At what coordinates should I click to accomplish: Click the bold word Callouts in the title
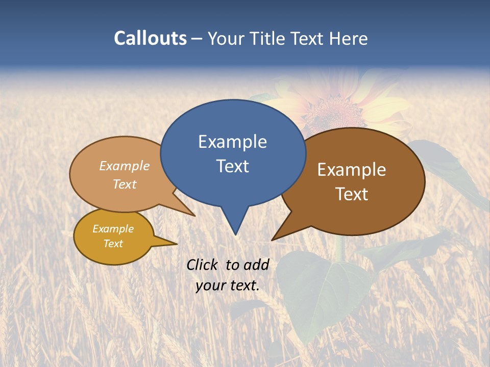click(151, 38)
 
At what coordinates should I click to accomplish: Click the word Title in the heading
click(268, 38)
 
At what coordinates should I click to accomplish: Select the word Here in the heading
click(349, 38)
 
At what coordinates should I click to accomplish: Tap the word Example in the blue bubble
click(232, 142)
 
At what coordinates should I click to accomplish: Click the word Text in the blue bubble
click(232, 166)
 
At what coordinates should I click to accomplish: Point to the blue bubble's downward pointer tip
click(235, 234)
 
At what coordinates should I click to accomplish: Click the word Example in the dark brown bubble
click(352, 170)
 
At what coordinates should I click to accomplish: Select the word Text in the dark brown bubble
click(352, 194)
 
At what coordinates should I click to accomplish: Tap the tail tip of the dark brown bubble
click(273, 240)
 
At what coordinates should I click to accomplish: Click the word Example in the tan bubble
click(125, 166)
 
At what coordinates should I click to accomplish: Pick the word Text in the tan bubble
click(125, 185)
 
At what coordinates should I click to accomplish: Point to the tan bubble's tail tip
click(194, 216)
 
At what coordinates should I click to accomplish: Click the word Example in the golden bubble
click(113, 229)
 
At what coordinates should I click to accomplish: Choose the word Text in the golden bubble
click(113, 244)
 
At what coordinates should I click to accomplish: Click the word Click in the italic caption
click(203, 265)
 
